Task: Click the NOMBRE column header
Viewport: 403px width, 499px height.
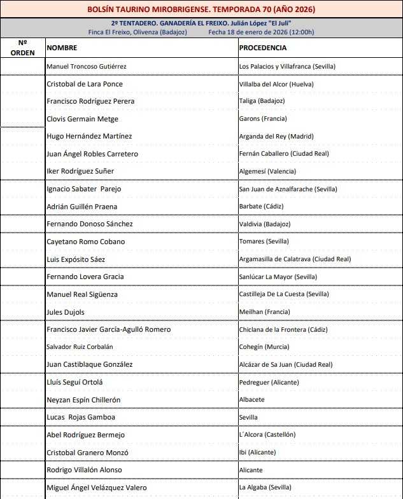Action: (x=62, y=48)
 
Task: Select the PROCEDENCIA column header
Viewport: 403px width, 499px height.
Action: (x=263, y=48)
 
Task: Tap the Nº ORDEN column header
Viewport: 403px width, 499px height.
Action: (x=23, y=48)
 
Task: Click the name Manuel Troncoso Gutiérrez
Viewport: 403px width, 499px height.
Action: (x=87, y=66)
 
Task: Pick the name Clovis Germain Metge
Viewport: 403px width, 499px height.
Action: (x=83, y=119)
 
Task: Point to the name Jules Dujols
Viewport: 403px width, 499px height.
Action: (x=66, y=312)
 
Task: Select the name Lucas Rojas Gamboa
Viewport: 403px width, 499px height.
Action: (x=81, y=417)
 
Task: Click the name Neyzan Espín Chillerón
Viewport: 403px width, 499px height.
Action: (x=84, y=400)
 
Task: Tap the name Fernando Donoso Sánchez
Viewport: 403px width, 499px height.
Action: (x=90, y=224)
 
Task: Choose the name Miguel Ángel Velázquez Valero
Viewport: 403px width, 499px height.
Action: (x=97, y=488)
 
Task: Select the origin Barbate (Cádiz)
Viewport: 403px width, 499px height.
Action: (x=261, y=207)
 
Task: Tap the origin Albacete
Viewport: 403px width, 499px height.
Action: (x=252, y=400)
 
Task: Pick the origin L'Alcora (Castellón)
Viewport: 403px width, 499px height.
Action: (x=267, y=435)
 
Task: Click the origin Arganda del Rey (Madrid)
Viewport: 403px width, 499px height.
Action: (x=276, y=136)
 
